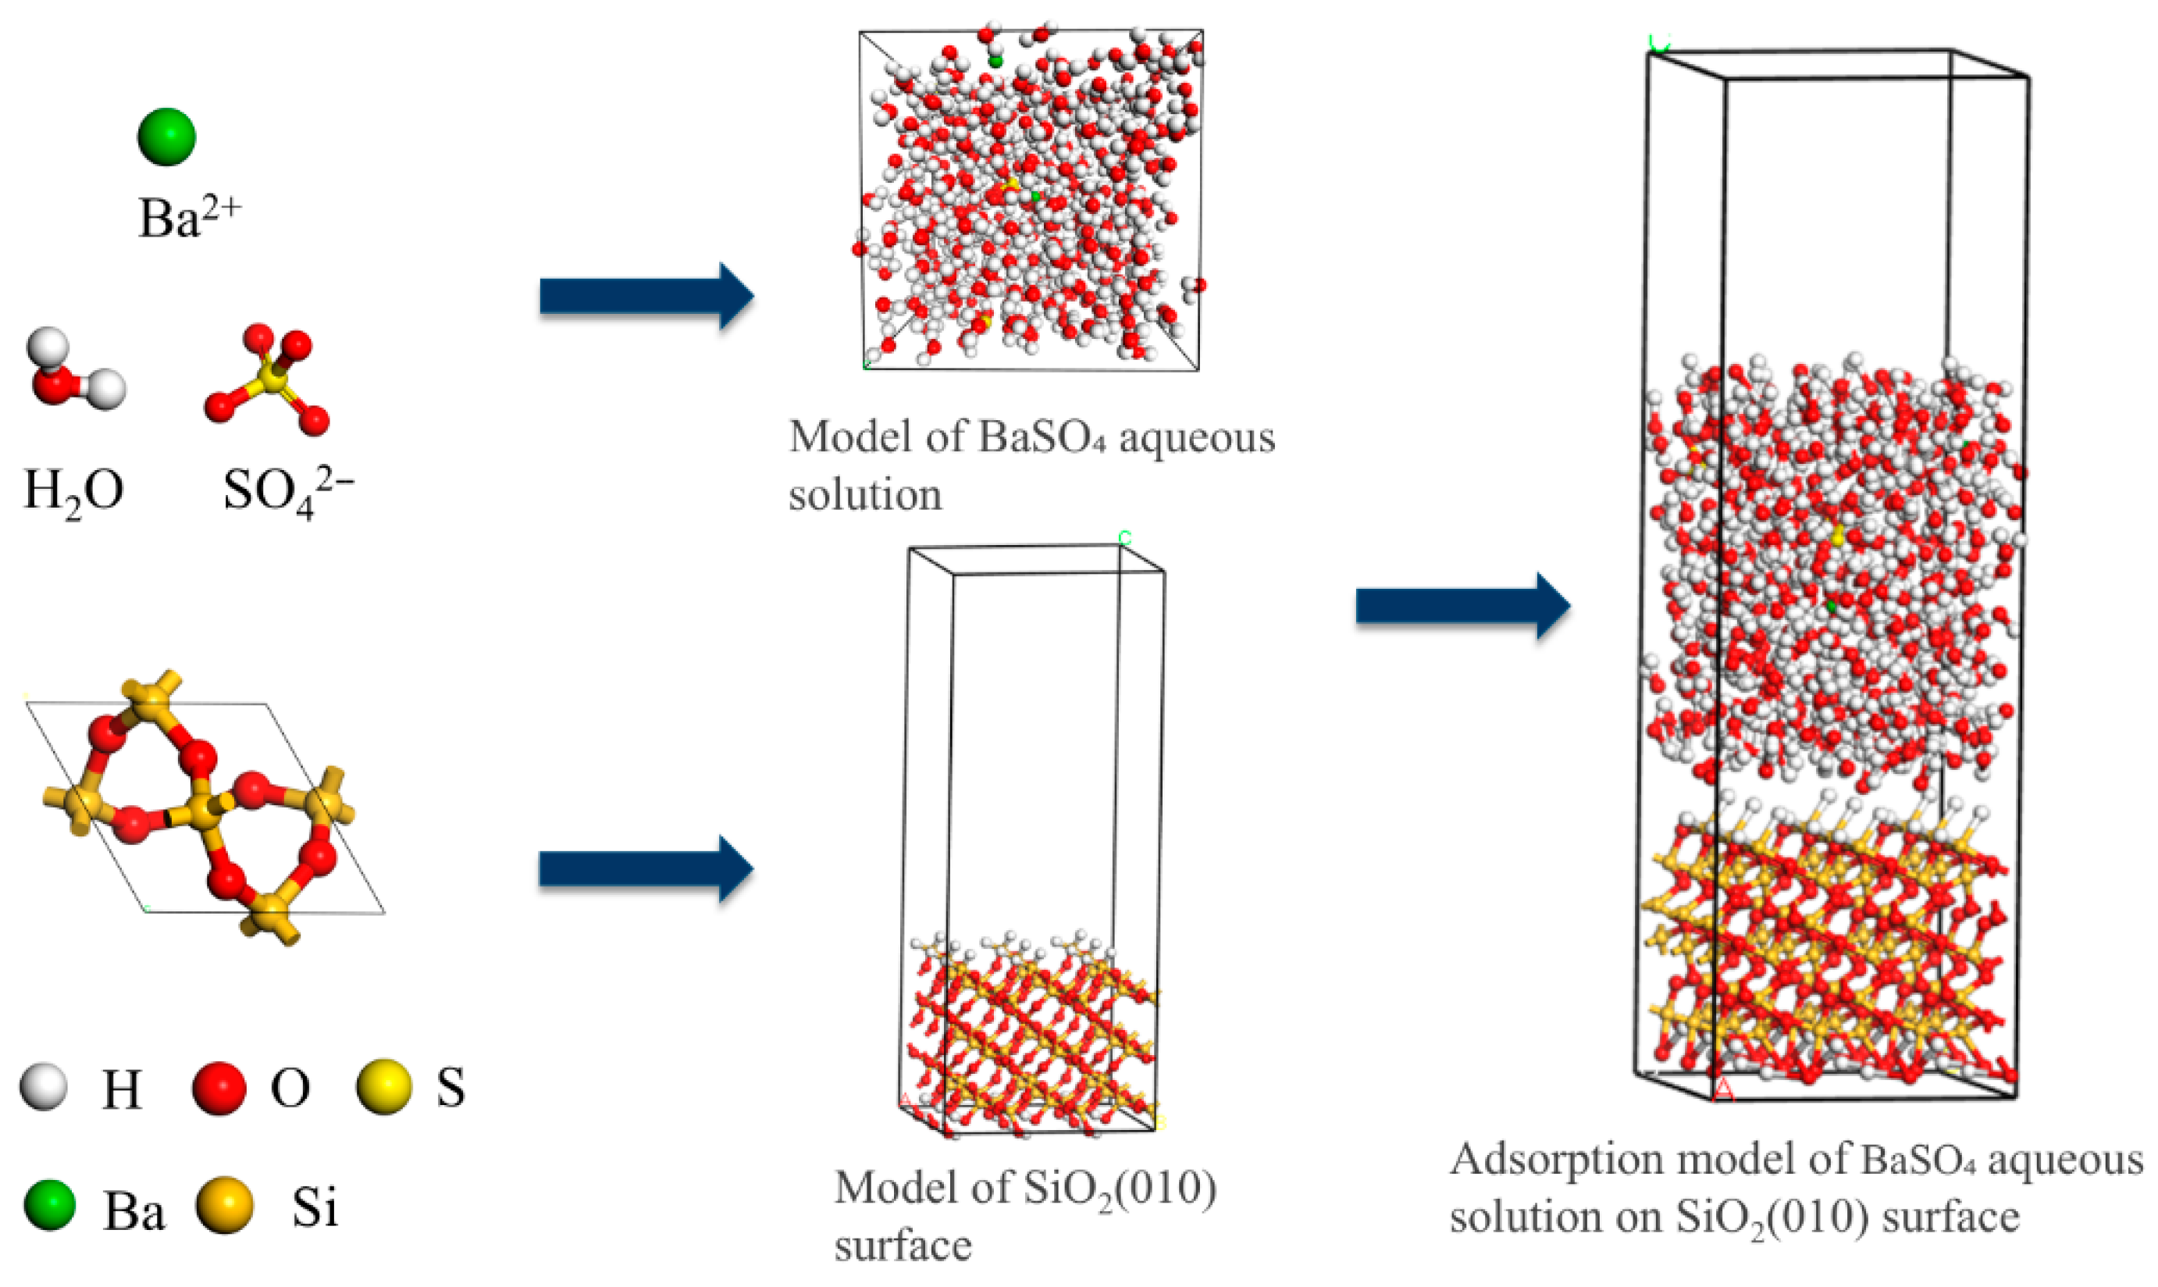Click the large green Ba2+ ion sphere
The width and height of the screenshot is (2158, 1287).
(x=166, y=136)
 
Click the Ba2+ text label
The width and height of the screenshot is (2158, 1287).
(x=188, y=217)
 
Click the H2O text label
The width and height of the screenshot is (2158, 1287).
(x=73, y=492)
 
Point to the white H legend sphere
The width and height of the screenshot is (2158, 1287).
(x=44, y=1086)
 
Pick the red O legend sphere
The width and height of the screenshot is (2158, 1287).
(x=219, y=1086)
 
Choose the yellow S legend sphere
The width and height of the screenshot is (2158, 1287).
(x=383, y=1086)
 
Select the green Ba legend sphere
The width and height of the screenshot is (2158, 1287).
(x=49, y=1206)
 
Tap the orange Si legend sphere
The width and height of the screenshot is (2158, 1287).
(x=225, y=1206)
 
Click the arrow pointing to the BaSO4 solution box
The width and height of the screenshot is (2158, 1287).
(x=646, y=297)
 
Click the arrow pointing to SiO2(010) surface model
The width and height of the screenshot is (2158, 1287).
(x=646, y=869)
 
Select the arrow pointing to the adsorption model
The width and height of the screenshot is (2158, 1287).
(x=1462, y=605)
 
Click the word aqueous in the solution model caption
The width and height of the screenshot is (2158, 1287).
(x=1196, y=438)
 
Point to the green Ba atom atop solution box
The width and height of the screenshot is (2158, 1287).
(x=995, y=61)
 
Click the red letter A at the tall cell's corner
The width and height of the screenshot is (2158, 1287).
(x=1724, y=1091)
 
